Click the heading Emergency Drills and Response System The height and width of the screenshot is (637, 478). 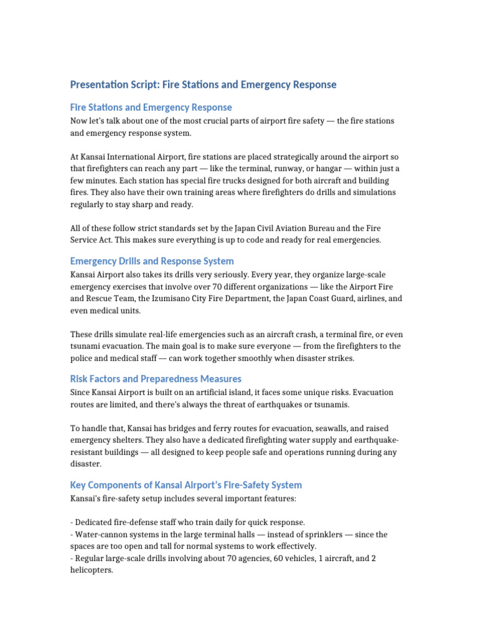click(x=152, y=261)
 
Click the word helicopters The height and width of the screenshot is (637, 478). click(x=91, y=570)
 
